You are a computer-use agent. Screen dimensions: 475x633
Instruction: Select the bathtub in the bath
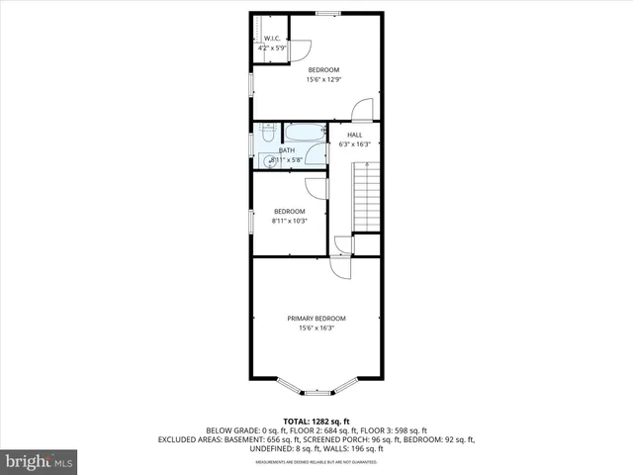coord(305,132)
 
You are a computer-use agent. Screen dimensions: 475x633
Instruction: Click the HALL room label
coord(354,135)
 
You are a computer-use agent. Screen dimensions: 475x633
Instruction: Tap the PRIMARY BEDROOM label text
coord(316,318)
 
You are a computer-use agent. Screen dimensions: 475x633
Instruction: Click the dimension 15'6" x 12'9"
coord(323,79)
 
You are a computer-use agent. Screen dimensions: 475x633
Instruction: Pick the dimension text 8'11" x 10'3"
coord(289,221)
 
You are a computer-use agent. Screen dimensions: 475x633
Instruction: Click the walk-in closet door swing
coord(302,49)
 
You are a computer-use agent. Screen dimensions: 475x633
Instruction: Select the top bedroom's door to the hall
coord(363,108)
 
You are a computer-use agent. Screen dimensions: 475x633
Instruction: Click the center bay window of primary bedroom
coord(316,390)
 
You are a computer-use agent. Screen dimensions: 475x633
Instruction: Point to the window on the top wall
coord(327,13)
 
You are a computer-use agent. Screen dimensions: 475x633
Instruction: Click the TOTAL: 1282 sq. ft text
coord(316,421)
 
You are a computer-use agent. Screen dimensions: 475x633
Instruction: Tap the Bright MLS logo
coord(40,461)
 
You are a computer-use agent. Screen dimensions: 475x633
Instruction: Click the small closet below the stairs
coord(367,244)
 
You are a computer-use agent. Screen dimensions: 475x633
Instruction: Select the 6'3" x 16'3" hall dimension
coord(354,144)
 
